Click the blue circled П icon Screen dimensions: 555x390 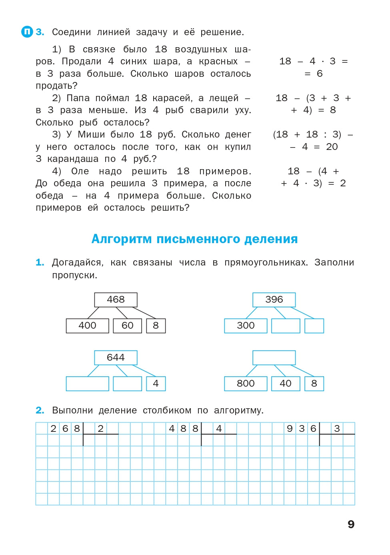[27, 32]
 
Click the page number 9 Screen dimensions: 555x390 [351, 524]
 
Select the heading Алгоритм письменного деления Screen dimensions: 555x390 [194, 239]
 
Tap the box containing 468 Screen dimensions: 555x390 [116, 299]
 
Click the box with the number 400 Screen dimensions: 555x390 [87, 325]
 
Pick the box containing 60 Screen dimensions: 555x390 [127, 325]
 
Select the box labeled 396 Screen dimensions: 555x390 [274, 299]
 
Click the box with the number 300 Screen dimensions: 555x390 [246, 325]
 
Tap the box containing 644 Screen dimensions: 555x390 [116, 357]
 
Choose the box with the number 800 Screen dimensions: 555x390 [246, 383]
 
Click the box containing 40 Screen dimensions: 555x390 [286, 383]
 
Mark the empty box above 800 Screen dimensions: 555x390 [274, 357]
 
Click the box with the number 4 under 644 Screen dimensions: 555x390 [156, 383]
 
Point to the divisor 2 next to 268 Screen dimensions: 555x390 [101, 428]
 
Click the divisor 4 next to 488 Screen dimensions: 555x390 [219, 428]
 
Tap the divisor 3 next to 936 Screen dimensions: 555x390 [337, 428]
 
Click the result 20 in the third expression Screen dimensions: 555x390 [332, 147]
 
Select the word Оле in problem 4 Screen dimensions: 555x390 [80, 171]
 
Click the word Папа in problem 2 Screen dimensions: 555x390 [78, 98]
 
